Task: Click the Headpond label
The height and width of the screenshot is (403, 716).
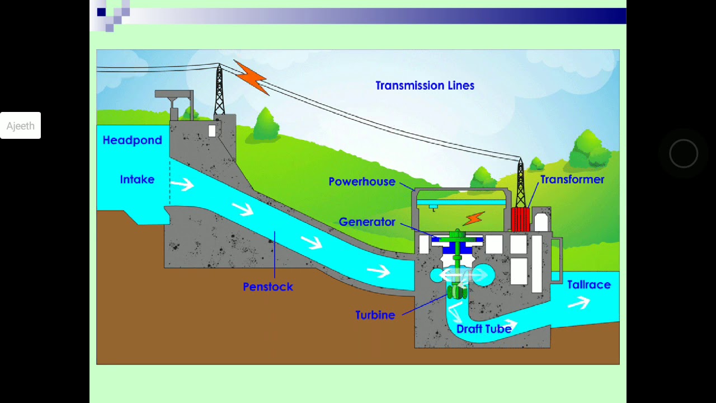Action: (x=132, y=140)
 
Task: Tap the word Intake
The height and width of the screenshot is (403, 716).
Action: (x=137, y=180)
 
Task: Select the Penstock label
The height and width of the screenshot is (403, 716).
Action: (x=268, y=287)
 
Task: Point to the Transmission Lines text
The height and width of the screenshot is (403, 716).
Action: (x=425, y=86)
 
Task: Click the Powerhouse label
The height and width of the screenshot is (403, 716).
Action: (x=362, y=182)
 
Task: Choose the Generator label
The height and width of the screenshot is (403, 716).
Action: (x=367, y=222)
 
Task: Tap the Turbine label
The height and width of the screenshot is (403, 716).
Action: (x=375, y=315)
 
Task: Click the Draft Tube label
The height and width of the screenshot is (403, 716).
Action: (x=484, y=329)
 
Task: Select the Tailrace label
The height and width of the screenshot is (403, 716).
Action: (x=588, y=285)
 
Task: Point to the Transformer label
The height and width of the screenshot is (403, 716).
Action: (x=572, y=180)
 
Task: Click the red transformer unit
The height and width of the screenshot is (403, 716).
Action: (x=520, y=219)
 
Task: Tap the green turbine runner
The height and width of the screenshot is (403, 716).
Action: (x=457, y=292)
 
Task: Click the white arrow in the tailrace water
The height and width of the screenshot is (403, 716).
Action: (x=579, y=303)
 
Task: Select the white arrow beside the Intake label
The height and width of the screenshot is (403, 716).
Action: (x=182, y=184)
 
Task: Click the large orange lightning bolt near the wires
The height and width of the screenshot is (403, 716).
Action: (x=251, y=77)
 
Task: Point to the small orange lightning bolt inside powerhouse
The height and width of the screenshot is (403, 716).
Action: (x=474, y=218)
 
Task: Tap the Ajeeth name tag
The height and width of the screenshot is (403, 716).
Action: (x=21, y=126)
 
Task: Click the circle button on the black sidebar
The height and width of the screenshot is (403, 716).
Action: (x=684, y=153)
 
